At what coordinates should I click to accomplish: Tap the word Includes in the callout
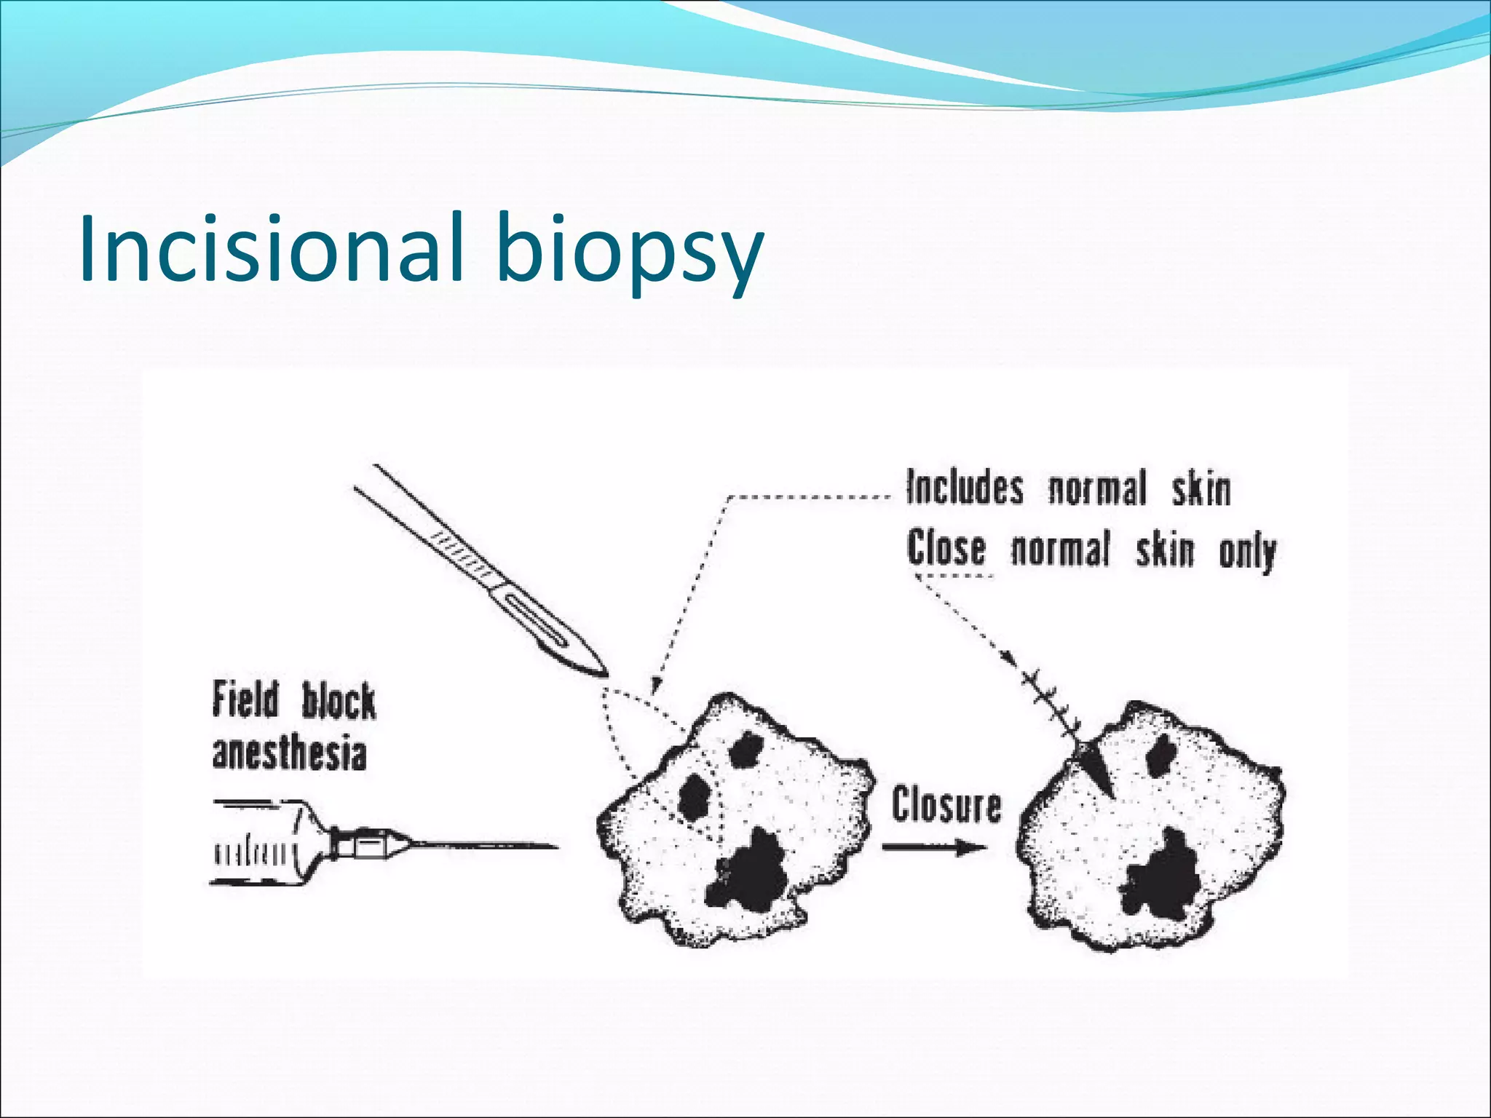[965, 488]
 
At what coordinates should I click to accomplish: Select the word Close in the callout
[946, 549]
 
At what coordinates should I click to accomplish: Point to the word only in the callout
[1246, 553]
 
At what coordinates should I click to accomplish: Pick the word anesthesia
[289, 754]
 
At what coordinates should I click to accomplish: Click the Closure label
[946, 806]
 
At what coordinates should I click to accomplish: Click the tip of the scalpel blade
[604, 674]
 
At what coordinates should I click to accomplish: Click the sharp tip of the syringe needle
[556, 847]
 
